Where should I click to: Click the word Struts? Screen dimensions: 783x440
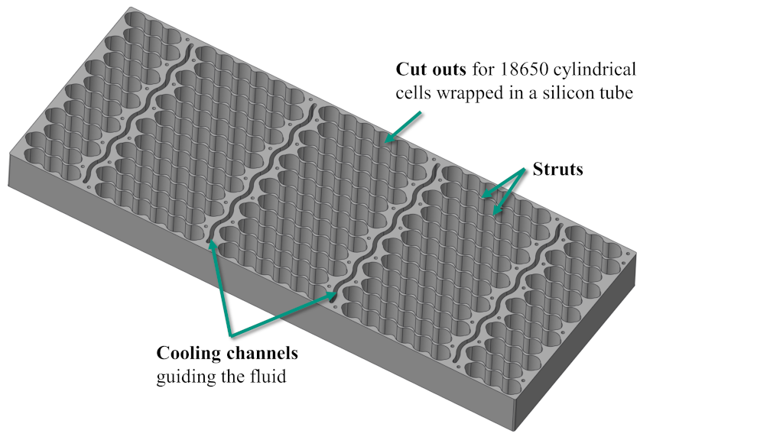(557, 169)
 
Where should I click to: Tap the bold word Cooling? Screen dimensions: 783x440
(189, 354)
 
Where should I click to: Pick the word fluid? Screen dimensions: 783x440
(268, 376)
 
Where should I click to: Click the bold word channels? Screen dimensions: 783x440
(262, 353)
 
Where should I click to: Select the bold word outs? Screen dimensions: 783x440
(449, 70)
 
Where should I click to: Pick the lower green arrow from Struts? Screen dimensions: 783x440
(509, 192)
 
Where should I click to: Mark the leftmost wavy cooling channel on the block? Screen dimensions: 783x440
(137, 112)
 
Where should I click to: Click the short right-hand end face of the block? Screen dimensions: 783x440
(575, 341)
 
